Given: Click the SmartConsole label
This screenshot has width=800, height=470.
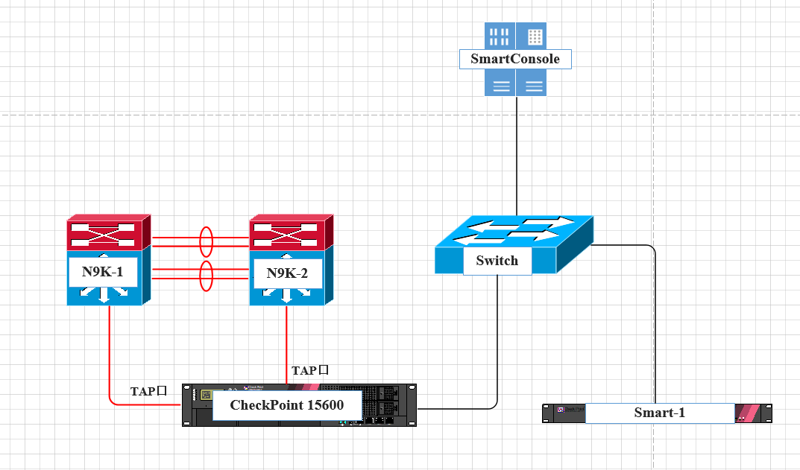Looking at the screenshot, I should click(x=515, y=59).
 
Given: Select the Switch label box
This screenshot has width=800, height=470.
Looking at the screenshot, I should click(x=497, y=261).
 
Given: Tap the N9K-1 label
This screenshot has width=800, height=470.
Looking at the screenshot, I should click(x=102, y=271).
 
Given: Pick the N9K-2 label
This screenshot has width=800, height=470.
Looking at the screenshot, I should click(x=286, y=273).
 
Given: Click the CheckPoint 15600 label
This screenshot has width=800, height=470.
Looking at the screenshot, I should click(x=287, y=405).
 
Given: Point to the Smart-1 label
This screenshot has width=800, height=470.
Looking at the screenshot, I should click(x=659, y=413).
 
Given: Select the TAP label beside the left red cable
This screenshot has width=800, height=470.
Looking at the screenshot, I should click(x=148, y=391).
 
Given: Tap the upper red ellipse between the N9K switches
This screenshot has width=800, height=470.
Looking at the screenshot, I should click(x=207, y=241).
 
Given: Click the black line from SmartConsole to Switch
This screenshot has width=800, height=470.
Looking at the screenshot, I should click(x=517, y=156).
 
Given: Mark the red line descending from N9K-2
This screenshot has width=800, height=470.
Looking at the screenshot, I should click(x=286, y=343).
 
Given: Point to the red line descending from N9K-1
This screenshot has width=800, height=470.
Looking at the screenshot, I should click(x=110, y=350).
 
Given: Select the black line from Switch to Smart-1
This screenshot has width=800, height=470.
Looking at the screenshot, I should click(x=655, y=320).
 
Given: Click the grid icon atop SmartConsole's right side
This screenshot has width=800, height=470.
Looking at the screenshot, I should click(x=534, y=36).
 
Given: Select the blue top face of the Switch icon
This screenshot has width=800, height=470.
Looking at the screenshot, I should click(x=514, y=231).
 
